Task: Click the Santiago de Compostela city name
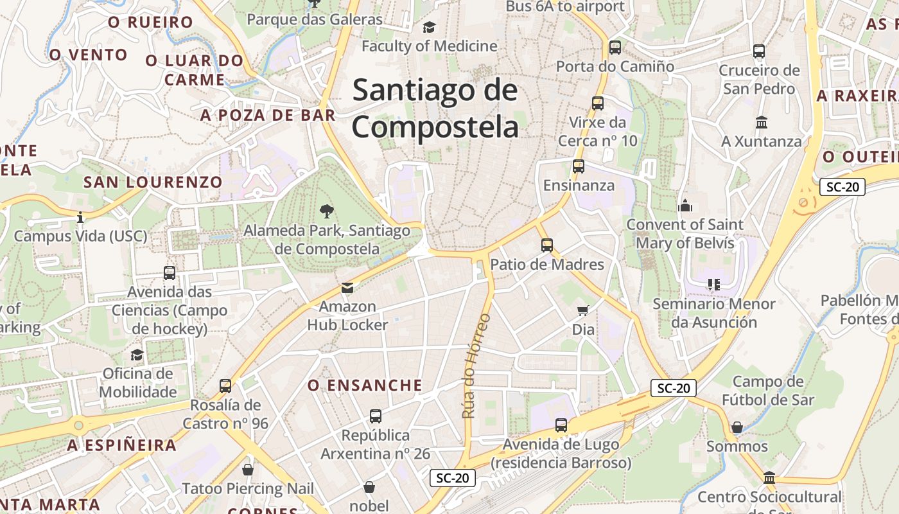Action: pyautogui.click(x=435, y=108)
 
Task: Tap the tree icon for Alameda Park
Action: pyautogui.click(x=327, y=211)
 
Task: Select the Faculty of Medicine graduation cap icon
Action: pyautogui.click(x=429, y=27)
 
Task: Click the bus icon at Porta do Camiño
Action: pyautogui.click(x=615, y=47)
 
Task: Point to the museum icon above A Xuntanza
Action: pyautogui.click(x=762, y=122)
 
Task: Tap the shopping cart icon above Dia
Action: pyautogui.click(x=583, y=311)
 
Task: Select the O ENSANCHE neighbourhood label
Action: pyautogui.click(x=365, y=385)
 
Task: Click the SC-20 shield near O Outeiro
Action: pyautogui.click(x=842, y=187)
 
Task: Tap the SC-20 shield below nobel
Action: pyautogui.click(x=453, y=478)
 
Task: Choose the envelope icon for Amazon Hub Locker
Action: pyautogui.click(x=347, y=287)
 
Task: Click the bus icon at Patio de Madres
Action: pyautogui.click(x=547, y=245)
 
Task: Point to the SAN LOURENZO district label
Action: pyautogui.click(x=153, y=182)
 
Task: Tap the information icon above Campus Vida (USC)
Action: pyautogui.click(x=80, y=217)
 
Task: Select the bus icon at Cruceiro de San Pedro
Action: pyautogui.click(x=759, y=51)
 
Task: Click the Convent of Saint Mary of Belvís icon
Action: pyautogui.click(x=685, y=206)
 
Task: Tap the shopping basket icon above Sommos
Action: pyautogui.click(x=737, y=427)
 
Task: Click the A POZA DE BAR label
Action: pyautogui.click(x=268, y=115)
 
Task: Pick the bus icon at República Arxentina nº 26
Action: pyautogui.click(x=376, y=416)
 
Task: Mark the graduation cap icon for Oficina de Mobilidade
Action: pyautogui.click(x=137, y=355)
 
